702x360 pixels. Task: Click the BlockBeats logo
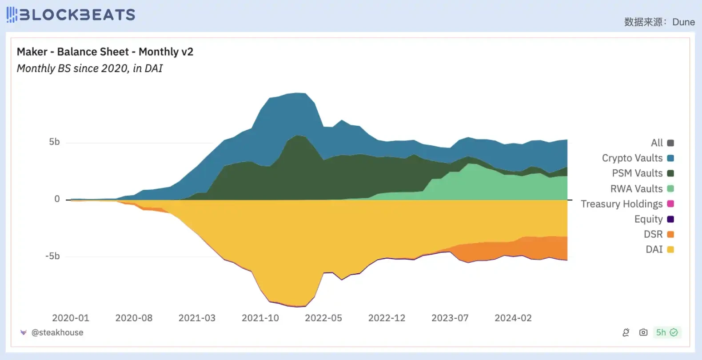pyautogui.click(x=71, y=15)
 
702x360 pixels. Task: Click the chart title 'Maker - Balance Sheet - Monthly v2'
pyautogui.click(x=105, y=52)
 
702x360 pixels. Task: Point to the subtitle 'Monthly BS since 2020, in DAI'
pyautogui.click(x=90, y=68)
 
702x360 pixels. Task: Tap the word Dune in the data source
pyautogui.click(x=683, y=22)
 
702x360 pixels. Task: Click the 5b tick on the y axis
pyautogui.click(x=54, y=142)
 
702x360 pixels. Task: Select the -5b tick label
pyautogui.click(x=52, y=256)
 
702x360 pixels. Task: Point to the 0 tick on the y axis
pyautogui.click(x=57, y=199)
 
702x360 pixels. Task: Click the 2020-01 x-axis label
pyautogui.click(x=71, y=318)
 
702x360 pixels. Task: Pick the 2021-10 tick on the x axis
pyautogui.click(x=260, y=318)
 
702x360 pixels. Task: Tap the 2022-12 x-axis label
pyautogui.click(x=387, y=318)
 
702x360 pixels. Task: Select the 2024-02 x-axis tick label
pyautogui.click(x=513, y=318)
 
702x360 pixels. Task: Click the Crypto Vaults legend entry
pyautogui.click(x=632, y=158)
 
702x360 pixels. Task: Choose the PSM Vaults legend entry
pyautogui.click(x=637, y=173)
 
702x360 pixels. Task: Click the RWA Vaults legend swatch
pyautogui.click(x=670, y=189)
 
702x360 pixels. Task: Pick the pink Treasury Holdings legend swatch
pyautogui.click(x=670, y=204)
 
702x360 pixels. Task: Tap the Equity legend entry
pyautogui.click(x=649, y=219)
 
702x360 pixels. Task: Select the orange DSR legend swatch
pyautogui.click(x=670, y=234)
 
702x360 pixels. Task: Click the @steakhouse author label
pyautogui.click(x=57, y=332)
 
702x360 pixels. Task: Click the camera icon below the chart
pyautogui.click(x=643, y=332)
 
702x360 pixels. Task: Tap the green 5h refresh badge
pyautogui.click(x=667, y=332)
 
